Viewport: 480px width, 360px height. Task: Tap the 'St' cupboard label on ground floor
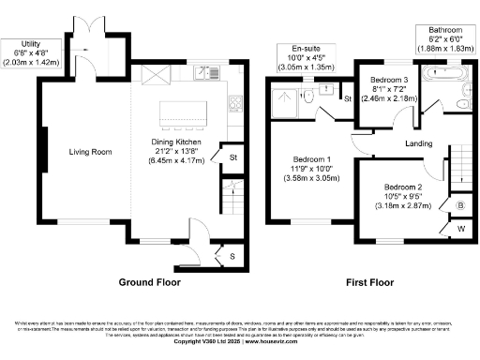point(233,157)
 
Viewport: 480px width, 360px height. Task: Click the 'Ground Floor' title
point(150,281)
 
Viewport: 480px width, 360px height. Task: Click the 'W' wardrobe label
point(460,227)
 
